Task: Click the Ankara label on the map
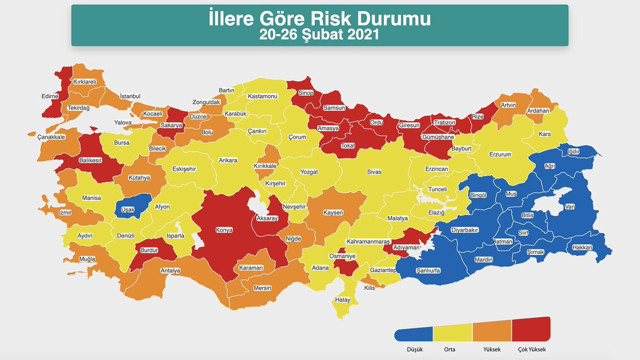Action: tap(228, 160)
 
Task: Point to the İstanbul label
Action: tap(131, 96)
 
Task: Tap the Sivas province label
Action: tap(373, 172)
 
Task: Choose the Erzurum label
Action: tap(499, 155)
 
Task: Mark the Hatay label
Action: tap(343, 299)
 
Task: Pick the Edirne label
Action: tap(50, 96)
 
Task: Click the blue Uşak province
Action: tap(128, 209)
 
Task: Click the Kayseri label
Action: tap(333, 213)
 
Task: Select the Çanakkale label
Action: tap(52, 137)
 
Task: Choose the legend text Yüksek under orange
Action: tap(491, 348)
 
